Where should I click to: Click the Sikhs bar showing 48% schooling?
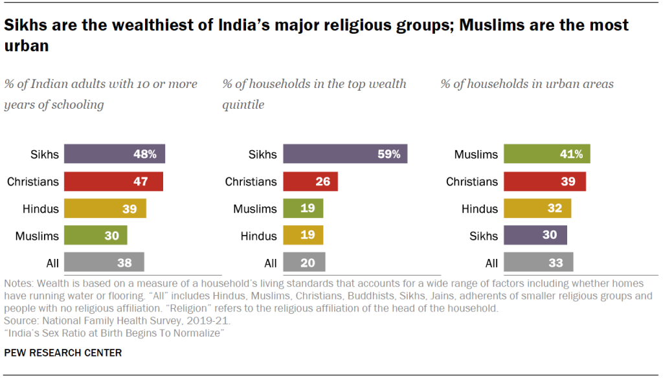tap(115, 154)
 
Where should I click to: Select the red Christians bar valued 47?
tap(114, 181)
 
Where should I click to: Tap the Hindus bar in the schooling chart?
tap(106, 208)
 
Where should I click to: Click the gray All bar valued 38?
tap(104, 263)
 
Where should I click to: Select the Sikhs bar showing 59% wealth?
tap(344, 154)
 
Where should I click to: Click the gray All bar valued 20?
tap(304, 263)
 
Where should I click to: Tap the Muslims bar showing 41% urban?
tap(547, 154)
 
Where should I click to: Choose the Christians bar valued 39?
tap(545, 181)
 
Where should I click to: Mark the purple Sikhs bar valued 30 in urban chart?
tap(536, 236)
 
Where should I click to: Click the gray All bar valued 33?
tap(539, 263)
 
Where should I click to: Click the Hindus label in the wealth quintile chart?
tap(258, 236)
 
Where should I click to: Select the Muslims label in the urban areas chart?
tap(476, 154)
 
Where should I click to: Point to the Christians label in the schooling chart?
tap(33, 181)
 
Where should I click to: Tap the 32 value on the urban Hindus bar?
tap(555, 208)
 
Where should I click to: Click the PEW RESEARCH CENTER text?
tap(63, 353)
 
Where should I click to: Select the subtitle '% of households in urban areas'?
tap(527, 84)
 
